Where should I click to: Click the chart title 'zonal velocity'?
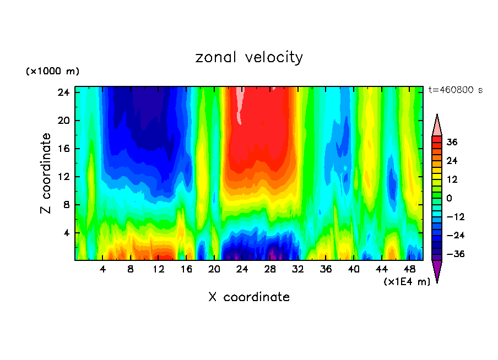point(249,57)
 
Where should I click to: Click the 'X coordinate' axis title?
point(249,297)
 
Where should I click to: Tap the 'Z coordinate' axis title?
point(46,173)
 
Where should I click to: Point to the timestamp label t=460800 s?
point(456,90)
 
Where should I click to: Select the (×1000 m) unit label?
point(52,72)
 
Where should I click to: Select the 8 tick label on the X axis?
point(131,269)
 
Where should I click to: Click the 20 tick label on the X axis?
point(214,269)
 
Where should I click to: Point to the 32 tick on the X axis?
point(298,269)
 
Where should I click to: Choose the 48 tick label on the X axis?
point(409,269)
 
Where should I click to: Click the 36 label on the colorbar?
point(452,142)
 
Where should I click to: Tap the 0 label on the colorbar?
point(449,198)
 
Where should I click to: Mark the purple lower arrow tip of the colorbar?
point(437,271)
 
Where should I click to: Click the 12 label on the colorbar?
point(452,179)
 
